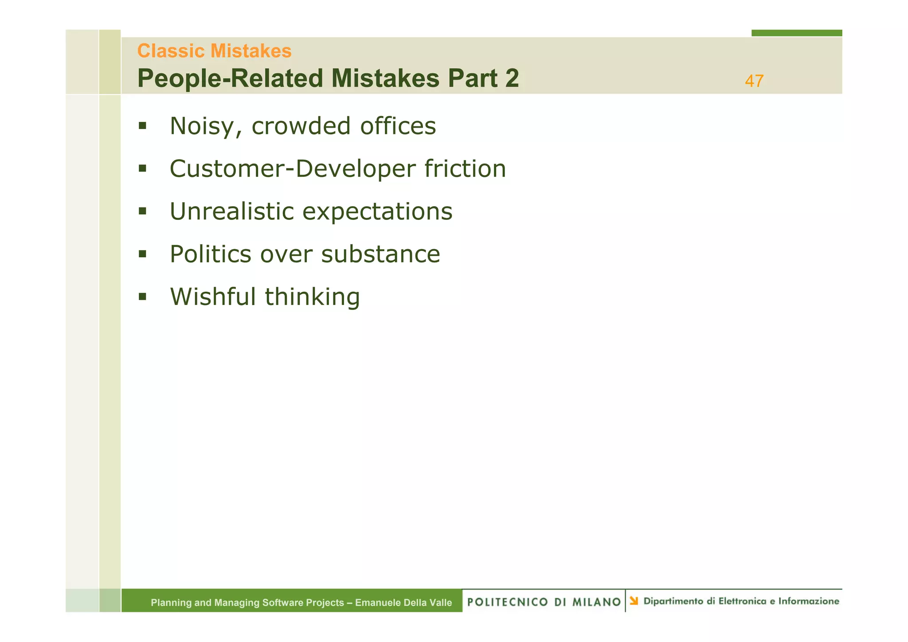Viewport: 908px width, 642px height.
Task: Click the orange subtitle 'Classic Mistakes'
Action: coord(214,51)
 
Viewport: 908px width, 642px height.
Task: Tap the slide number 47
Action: coord(754,81)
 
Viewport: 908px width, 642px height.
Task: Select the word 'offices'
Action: coord(398,126)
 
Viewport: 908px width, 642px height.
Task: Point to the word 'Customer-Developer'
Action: coord(293,169)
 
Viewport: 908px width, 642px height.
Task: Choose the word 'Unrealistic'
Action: coord(231,211)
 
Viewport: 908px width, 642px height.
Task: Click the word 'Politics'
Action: coord(210,254)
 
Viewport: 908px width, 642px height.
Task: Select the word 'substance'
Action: coord(380,254)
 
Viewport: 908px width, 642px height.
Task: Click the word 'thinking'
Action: coord(312,298)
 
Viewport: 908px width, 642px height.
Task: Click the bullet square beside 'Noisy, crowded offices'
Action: coord(142,125)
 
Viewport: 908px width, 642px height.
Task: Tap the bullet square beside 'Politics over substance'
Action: coord(142,254)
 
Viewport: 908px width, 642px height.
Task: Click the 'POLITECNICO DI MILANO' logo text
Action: coord(544,602)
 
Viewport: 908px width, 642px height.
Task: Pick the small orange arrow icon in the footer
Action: coord(634,601)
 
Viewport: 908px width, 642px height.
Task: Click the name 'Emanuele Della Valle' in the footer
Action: coord(403,603)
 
